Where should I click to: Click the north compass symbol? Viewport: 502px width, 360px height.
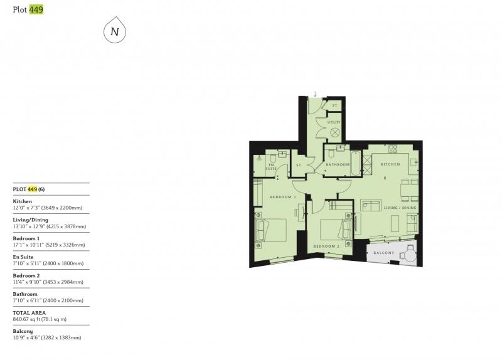pos(115,31)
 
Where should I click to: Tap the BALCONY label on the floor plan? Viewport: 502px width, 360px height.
pos(383,253)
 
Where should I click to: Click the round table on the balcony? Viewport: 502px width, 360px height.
pos(410,255)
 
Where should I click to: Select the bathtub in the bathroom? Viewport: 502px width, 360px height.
pos(356,163)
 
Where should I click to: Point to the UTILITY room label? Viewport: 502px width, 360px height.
pos(334,122)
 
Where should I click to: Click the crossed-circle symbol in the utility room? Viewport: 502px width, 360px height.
pos(334,132)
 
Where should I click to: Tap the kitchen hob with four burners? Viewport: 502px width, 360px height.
pos(393,149)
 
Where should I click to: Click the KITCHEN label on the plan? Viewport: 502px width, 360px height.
pos(390,164)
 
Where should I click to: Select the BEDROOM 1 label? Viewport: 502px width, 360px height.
pos(283,197)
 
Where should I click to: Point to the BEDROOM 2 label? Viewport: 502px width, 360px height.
pos(326,246)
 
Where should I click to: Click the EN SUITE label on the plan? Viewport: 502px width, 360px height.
pos(271,167)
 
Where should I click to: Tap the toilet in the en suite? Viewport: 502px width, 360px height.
pos(273,158)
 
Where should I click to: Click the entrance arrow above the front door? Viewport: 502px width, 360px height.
pos(316,93)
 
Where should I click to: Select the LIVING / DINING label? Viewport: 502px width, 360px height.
pos(400,208)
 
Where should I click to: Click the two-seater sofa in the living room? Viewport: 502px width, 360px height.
pos(371,205)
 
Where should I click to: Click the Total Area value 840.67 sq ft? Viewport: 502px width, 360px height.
pos(40,319)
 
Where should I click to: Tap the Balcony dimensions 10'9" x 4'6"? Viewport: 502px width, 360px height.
pos(47,337)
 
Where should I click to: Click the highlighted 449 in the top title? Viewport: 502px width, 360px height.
pos(36,9)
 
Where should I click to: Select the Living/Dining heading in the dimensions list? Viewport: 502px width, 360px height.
pos(30,220)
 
